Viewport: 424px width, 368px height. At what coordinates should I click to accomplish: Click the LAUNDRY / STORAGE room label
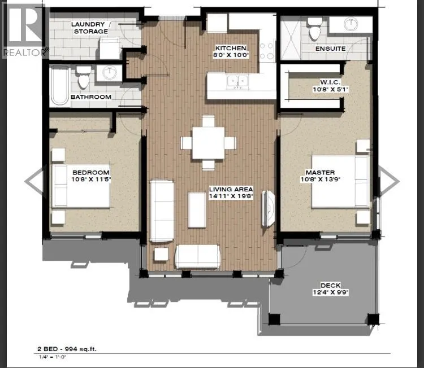point(89,28)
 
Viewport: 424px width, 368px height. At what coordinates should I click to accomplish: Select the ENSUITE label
point(330,49)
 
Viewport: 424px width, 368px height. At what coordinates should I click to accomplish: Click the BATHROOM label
point(91,97)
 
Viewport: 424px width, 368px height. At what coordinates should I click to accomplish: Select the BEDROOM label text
point(90,172)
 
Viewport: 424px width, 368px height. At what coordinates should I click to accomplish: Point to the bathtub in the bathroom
point(59,86)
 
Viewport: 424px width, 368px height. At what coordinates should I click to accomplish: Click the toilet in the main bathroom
point(84,78)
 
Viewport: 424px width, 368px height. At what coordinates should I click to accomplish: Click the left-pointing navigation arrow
point(34,181)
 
